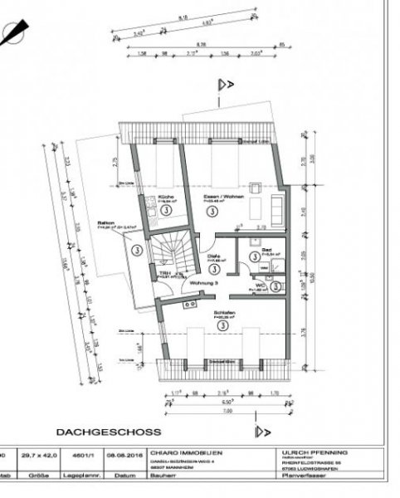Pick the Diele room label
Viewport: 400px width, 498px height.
point(213,256)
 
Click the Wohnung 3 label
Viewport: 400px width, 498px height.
point(204,283)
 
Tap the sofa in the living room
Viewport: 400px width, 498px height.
point(277,204)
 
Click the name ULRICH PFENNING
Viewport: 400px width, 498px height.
point(312,452)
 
